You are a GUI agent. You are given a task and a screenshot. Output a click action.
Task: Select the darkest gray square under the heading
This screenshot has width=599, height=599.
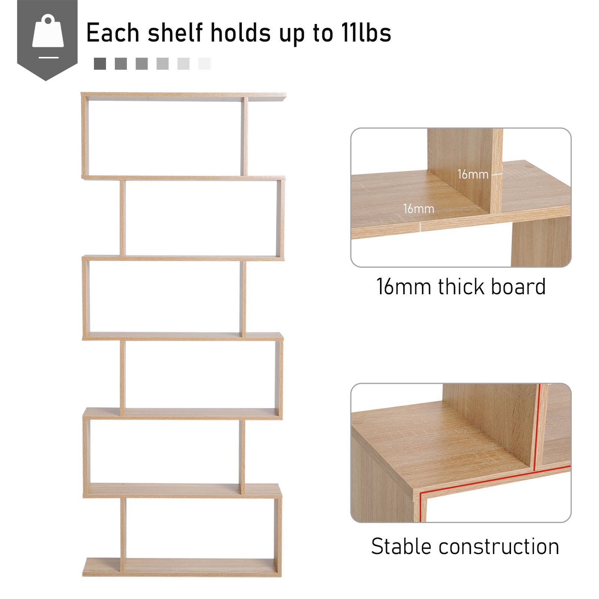100,64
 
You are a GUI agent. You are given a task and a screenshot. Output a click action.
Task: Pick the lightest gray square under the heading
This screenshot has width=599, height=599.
204,64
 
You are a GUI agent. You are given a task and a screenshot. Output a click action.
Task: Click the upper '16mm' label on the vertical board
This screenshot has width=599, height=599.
473,174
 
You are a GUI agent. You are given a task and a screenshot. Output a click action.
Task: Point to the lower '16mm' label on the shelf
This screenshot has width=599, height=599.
419,209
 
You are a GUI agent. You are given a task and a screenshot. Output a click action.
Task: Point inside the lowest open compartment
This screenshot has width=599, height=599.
200,528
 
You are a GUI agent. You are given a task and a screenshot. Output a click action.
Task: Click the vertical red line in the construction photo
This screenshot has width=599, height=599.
537,427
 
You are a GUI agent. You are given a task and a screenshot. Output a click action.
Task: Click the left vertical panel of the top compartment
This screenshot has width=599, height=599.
84,137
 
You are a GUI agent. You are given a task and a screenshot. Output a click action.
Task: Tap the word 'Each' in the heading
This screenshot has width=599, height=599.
113,33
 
